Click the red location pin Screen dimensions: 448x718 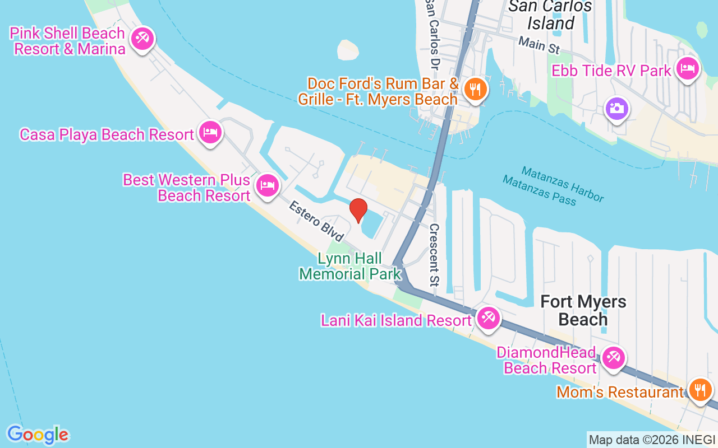[x=358, y=211]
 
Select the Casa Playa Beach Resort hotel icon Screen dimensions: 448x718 [x=210, y=133]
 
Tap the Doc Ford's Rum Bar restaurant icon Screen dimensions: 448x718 [x=475, y=88]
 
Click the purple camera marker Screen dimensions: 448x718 [x=616, y=108]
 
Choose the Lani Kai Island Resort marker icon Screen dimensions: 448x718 [x=488, y=319]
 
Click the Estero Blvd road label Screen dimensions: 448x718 [x=316, y=222]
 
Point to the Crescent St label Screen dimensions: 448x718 [x=434, y=255]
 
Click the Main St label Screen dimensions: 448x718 [x=539, y=45]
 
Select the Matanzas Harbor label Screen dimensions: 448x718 [x=563, y=184]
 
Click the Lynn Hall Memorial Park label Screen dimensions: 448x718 [x=350, y=266]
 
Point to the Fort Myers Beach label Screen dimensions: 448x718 [x=583, y=310]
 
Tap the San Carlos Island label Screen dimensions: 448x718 [x=550, y=15]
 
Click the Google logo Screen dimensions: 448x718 [x=38, y=435]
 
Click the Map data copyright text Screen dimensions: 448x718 [x=652, y=440]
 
